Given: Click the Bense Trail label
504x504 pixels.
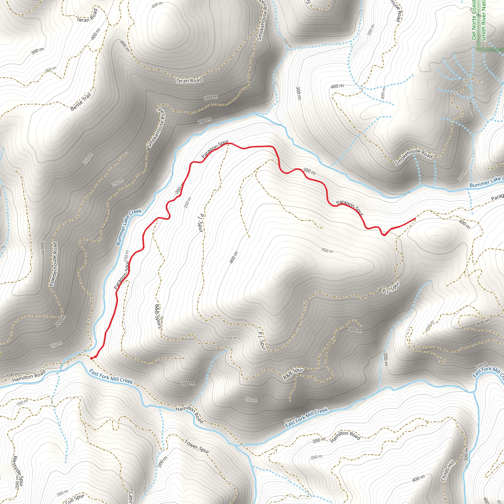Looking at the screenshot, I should tap(81, 101).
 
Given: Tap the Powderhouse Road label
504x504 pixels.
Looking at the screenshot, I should tap(53, 264).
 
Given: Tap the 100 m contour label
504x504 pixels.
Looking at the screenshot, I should tap(12, 375).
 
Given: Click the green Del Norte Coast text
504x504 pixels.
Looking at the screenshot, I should tap(474, 20).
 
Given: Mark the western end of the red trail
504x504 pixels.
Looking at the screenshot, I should tap(91, 358).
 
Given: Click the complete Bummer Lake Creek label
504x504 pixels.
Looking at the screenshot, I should tap(129, 227).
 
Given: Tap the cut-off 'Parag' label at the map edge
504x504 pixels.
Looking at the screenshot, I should tap(497, 197).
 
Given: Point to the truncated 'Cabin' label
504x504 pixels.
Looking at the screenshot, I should tap(131, 497).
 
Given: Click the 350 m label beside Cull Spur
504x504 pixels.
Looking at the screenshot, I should tap(62, 492).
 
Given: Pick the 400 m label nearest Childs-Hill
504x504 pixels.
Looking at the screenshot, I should tap(418, 478).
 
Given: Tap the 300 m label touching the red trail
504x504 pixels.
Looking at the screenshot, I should tap(309, 171).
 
